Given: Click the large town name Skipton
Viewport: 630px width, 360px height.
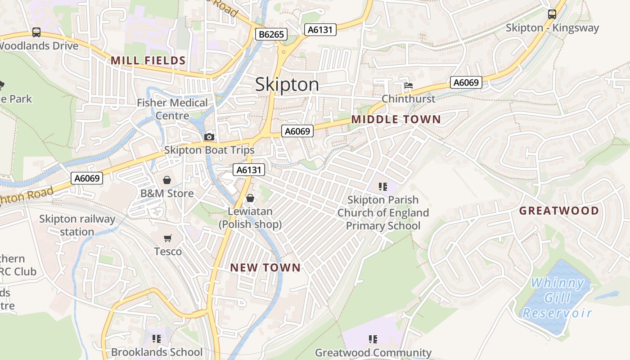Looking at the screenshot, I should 287,85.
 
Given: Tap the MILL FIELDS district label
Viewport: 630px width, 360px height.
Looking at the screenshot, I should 148,60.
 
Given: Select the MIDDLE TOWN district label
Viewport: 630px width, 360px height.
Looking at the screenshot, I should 396,119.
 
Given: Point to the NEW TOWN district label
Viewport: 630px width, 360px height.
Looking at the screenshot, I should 265,268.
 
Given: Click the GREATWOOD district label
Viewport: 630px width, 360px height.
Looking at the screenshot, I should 559,211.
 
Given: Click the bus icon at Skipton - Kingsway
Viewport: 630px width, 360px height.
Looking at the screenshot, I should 552,14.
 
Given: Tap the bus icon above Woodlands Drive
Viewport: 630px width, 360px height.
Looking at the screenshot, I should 36,32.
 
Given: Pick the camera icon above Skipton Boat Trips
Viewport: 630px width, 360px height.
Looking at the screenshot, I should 209,137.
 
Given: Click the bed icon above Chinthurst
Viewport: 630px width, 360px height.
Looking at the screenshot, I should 408,85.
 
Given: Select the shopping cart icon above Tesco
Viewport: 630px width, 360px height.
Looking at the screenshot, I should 168,238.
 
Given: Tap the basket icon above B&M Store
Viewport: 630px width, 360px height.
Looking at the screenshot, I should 167,180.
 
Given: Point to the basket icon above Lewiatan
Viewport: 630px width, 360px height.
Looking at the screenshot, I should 250,198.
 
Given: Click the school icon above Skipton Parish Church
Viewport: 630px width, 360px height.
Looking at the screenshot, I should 383,186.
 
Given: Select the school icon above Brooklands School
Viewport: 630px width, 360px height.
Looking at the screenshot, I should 157,338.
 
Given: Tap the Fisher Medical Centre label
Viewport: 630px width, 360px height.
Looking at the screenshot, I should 172,109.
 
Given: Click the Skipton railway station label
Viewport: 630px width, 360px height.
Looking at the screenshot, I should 77,225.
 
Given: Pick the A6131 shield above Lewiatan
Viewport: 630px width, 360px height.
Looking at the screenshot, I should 249,170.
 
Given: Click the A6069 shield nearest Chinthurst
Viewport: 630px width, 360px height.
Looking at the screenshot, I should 466,82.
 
